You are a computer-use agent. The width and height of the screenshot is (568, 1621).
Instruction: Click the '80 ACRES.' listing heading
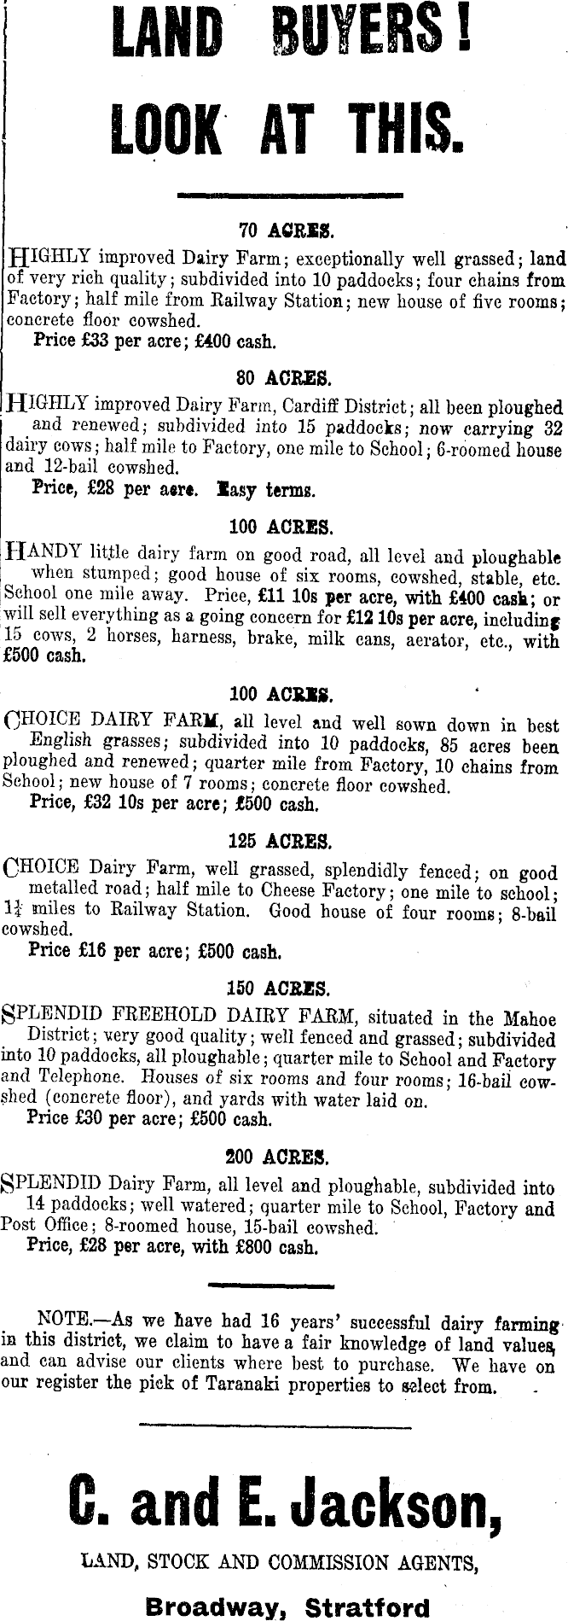[285, 377]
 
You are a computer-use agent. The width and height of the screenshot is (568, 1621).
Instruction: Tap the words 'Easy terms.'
[266, 490]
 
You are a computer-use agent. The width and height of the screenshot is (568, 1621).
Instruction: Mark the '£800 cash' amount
[270, 1247]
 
